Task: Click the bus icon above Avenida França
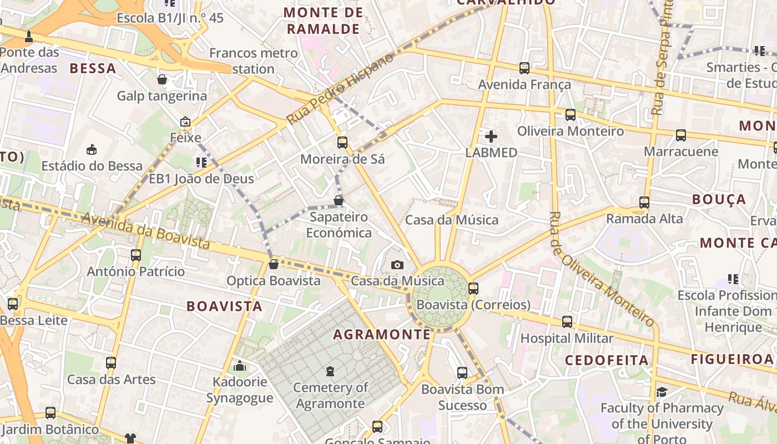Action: [524, 68]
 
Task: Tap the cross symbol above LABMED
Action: [491, 136]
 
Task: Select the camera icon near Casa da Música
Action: [397, 265]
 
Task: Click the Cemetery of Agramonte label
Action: [330, 395]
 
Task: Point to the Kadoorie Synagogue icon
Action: [240, 366]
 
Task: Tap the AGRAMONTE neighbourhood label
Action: [382, 334]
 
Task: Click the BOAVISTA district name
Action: [224, 306]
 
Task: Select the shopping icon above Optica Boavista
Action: [273, 264]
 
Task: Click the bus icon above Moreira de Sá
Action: [342, 143]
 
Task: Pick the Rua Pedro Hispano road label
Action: [340, 89]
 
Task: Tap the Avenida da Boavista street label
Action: [146, 231]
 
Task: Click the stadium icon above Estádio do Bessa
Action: [92, 149]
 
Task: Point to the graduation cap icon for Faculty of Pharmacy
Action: [662, 392]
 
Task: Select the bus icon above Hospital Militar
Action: [567, 322]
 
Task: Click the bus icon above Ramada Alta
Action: [644, 203]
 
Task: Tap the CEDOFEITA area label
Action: [607, 360]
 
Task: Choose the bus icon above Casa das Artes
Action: [111, 363]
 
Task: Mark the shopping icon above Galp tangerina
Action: [162, 79]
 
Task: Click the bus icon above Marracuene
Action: [681, 135]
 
